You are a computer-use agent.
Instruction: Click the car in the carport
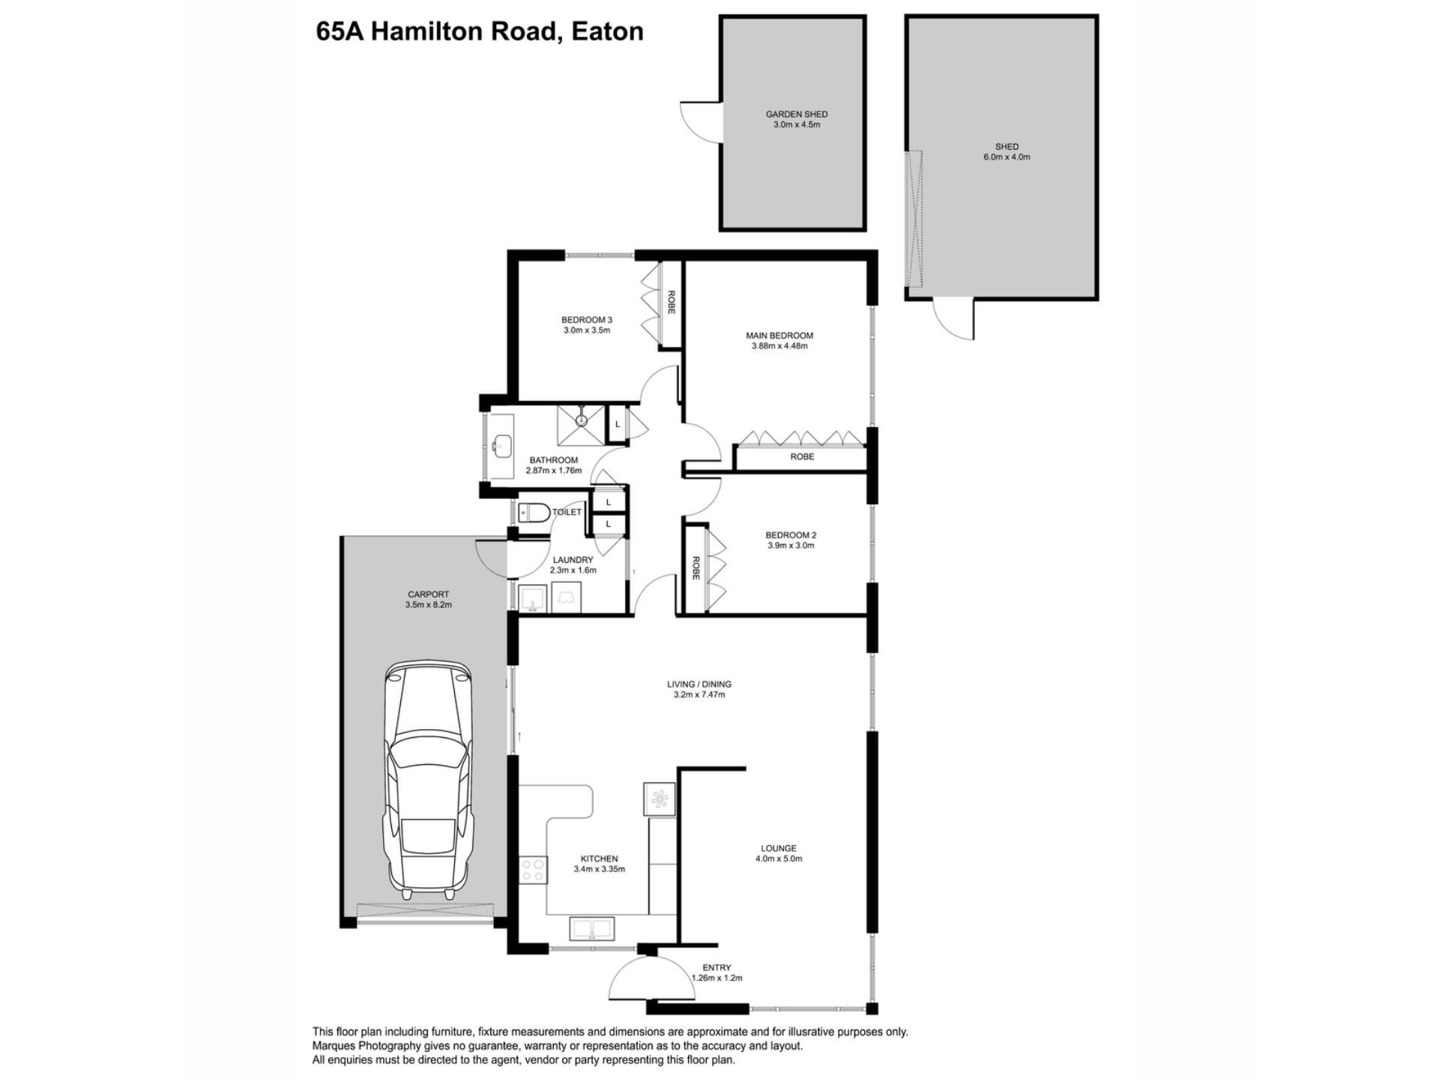click(x=429, y=779)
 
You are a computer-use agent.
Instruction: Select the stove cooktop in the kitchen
click(x=533, y=869)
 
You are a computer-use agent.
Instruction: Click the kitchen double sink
click(x=592, y=928)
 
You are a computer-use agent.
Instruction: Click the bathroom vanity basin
click(x=501, y=446)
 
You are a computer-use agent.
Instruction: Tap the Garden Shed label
click(x=797, y=115)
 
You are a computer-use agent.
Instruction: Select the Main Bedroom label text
click(x=779, y=336)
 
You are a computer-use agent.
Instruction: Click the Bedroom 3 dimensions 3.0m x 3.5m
click(x=587, y=330)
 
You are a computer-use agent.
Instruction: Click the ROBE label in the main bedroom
click(x=802, y=456)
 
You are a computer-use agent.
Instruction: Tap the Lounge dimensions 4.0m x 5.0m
click(x=779, y=859)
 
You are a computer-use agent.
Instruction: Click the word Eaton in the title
click(x=607, y=31)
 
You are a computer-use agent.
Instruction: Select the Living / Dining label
click(x=699, y=684)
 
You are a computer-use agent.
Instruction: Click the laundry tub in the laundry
click(x=533, y=599)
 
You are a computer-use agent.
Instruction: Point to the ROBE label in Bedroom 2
click(x=696, y=568)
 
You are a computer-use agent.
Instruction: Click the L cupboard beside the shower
click(x=618, y=424)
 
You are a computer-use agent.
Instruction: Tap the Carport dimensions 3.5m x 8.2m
click(x=429, y=605)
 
